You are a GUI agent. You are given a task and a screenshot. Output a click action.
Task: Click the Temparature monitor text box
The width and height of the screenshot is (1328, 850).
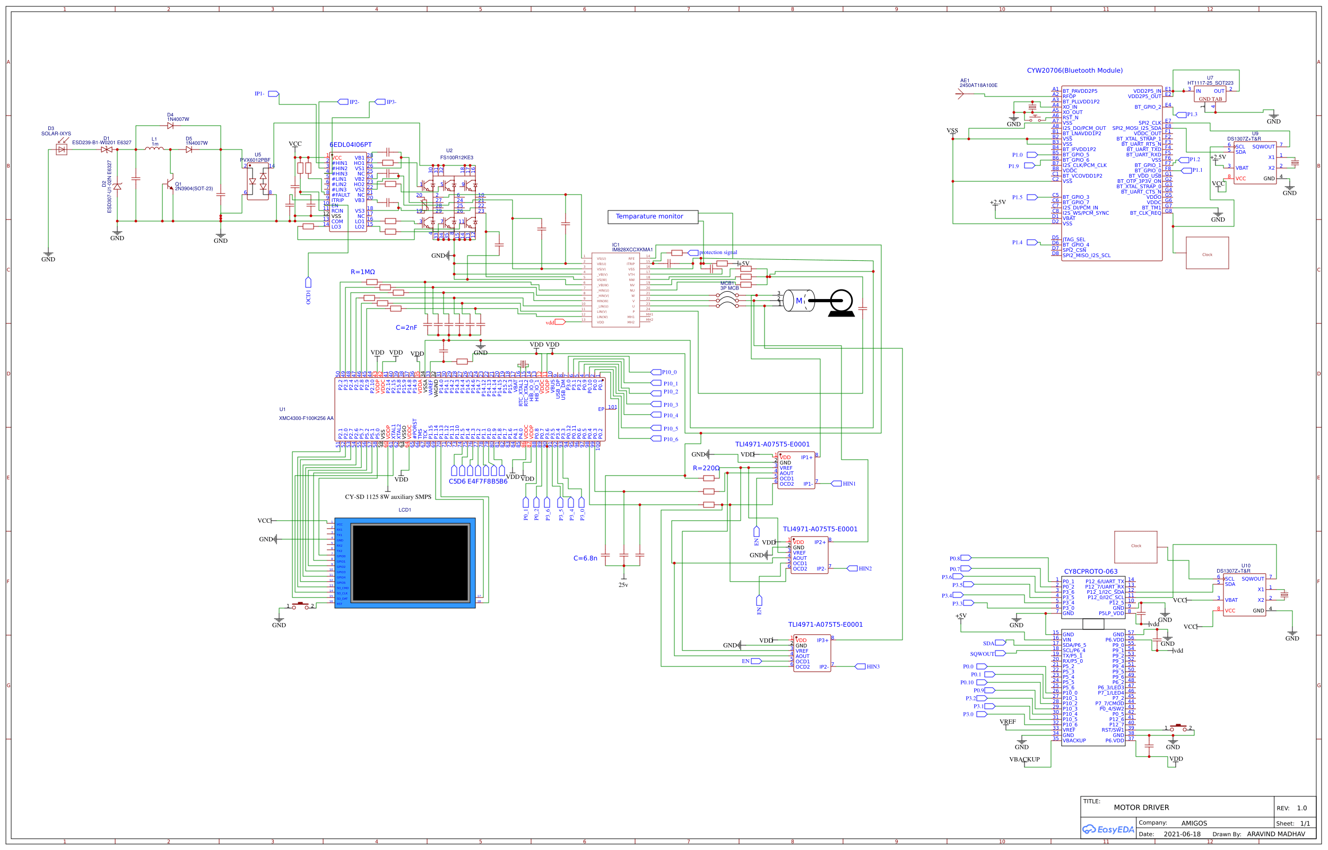pyautogui.click(x=652, y=217)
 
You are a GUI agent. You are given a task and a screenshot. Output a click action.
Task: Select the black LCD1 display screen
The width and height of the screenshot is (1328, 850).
pyautogui.click(x=410, y=563)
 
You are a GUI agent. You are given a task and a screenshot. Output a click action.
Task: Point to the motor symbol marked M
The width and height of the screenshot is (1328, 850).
pyautogui.click(x=798, y=301)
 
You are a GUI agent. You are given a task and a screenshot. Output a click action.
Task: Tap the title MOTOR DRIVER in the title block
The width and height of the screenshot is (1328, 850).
pyautogui.click(x=1141, y=808)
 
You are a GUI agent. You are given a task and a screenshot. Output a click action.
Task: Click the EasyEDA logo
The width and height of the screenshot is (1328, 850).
pyautogui.click(x=1107, y=829)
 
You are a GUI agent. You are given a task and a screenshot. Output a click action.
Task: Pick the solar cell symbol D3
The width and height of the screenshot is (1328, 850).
pyautogui.click(x=62, y=150)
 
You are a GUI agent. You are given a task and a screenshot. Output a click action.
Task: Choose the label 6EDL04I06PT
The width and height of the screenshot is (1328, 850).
pyautogui.click(x=350, y=145)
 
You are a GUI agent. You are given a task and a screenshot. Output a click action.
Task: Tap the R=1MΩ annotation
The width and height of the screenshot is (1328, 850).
pyautogui.click(x=362, y=272)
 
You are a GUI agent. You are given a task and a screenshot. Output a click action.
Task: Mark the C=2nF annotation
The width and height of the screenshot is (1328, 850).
pyautogui.click(x=406, y=328)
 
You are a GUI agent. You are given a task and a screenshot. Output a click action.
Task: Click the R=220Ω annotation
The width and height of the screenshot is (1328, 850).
pyautogui.click(x=706, y=468)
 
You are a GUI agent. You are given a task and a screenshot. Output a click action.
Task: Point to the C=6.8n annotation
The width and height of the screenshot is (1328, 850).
pyautogui.click(x=585, y=558)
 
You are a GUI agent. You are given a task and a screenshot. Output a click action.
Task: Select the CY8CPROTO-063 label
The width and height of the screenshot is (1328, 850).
pyautogui.click(x=1090, y=572)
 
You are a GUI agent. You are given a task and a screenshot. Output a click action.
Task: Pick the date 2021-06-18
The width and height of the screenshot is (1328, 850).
pyautogui.click(x=1182, y=834)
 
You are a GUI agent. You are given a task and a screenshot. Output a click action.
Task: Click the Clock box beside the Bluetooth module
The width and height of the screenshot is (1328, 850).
pyautogui.click(x=1207, y=253)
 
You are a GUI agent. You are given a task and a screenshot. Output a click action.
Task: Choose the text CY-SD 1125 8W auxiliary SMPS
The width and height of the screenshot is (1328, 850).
pyautogui.click(x=388, y=497)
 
